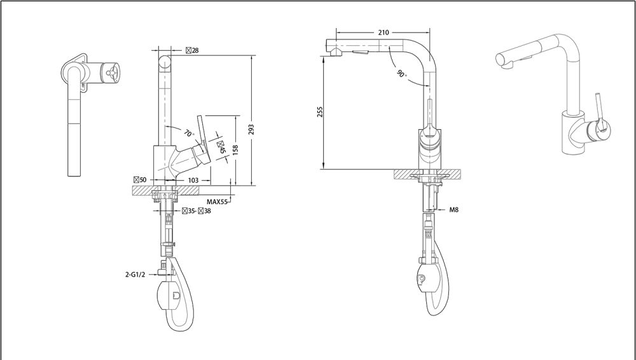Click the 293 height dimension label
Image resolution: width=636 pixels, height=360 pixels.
[x=251, y=130]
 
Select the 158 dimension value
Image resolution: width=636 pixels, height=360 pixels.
[x=235, y=149]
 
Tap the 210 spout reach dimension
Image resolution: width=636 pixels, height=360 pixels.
[x=384, y=32]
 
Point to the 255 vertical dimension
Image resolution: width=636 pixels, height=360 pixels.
[x=320, y=112]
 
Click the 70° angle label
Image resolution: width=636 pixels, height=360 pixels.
[x=189, y=133]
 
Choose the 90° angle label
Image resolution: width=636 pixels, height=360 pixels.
[x=401, y=73]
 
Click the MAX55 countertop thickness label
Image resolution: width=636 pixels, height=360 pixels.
[x=217, y=202]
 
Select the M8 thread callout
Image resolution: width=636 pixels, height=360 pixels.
[x=453, y=210]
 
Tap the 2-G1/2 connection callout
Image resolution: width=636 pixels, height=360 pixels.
[x=135, y=274]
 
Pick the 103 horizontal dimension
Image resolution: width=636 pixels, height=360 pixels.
[x=193, y=180]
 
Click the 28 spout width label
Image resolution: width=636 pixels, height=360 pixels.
[x=192, y=50]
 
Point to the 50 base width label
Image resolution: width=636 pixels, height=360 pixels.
[x=140, y=180]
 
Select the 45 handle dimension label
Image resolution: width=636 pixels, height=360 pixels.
[x=221, y=147]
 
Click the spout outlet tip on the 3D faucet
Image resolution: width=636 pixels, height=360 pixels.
[x=501, y=60]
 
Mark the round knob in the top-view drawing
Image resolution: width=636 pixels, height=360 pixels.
[x=110, y=73]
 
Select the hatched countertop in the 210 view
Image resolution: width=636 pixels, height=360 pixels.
[x=427, y=174]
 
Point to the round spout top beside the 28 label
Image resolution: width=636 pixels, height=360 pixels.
[x=165, y=62]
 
